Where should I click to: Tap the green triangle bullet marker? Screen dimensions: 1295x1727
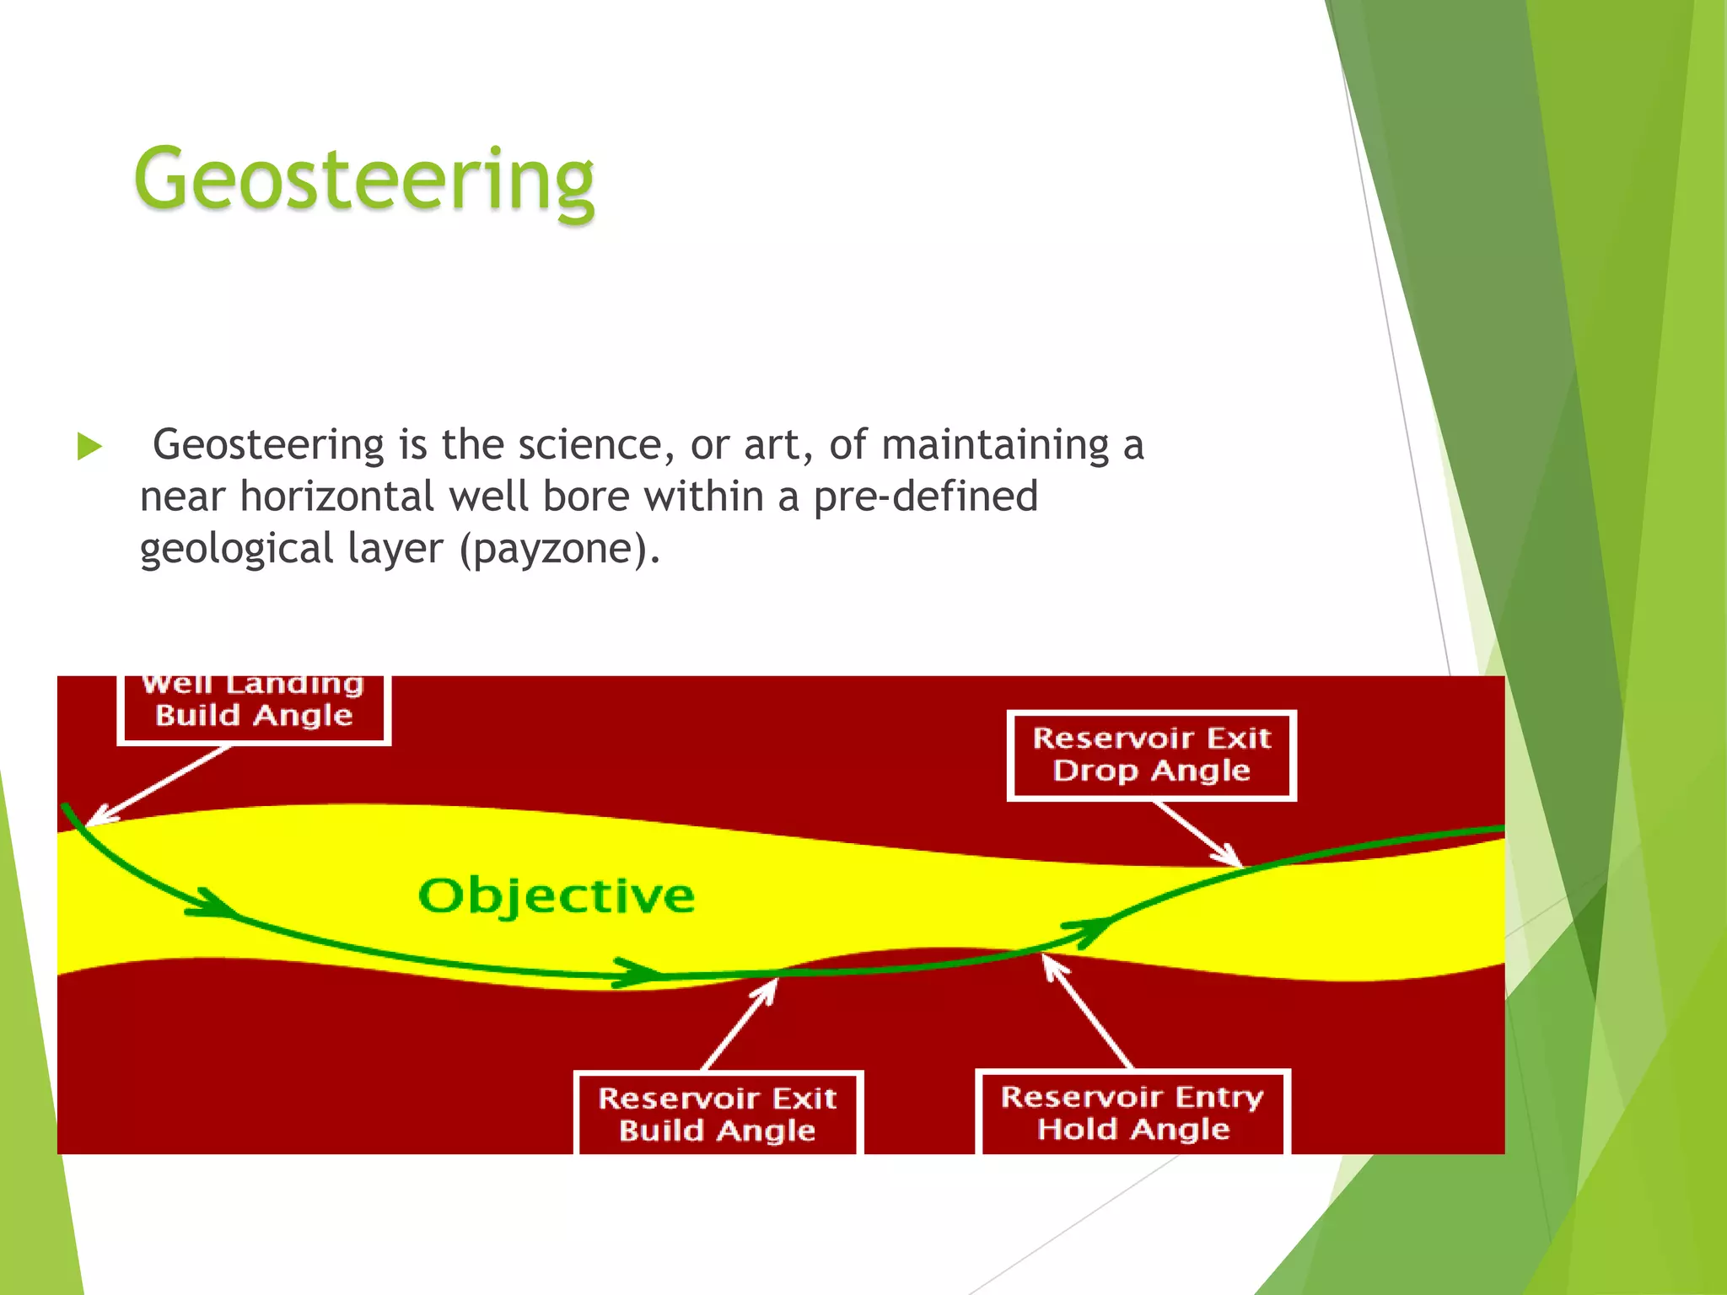point(89,446)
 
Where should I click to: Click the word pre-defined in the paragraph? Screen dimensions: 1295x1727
point(925,497)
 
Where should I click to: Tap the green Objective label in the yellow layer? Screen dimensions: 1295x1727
point(557,895)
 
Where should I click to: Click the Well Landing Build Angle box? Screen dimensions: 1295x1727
point(254,708)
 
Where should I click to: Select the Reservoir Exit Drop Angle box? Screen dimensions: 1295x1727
point(1151,755)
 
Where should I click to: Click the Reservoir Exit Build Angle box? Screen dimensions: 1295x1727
point(718,1113)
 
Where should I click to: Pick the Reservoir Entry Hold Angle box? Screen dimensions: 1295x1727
point(1133,1112)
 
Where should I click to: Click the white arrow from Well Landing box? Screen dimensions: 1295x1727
point(160,784)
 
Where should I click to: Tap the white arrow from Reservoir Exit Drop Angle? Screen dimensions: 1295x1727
point(1197,833)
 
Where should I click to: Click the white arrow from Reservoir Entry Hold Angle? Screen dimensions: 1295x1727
point(1088,1012)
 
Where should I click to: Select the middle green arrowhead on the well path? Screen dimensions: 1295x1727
point(638,972)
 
